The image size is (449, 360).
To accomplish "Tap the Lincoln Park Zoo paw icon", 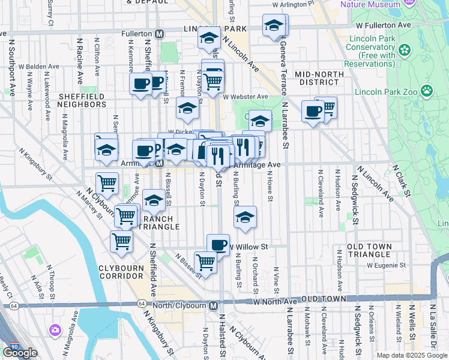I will [x=427, y=91].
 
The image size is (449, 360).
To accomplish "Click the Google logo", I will [x=20, y=353].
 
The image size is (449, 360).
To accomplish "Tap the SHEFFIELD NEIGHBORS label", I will [x=82, y=100].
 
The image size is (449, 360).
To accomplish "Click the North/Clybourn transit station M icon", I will [x=213, y=305].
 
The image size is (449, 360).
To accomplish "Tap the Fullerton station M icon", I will [x=158, y=34].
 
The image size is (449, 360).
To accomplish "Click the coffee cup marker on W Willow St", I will [x=218, y=244].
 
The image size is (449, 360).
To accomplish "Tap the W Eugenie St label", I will [x=385, y=265].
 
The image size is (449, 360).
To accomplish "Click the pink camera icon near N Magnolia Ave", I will [x=55, y=329].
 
